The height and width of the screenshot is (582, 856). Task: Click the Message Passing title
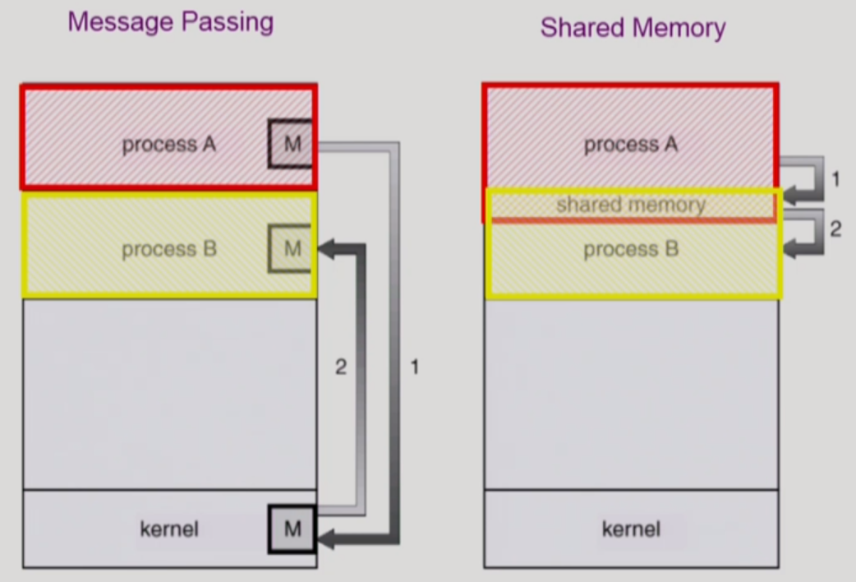[x=170, y=22]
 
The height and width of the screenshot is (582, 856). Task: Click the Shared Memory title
[x=633, y=28]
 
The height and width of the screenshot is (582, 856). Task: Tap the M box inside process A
[x=292, y=145]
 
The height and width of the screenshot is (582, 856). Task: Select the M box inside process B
[x=292, y=248]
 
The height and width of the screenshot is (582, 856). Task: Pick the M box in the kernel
[x=292, y=529]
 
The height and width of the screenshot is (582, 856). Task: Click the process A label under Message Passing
[x=169, y=145]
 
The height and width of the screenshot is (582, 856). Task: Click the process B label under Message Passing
[x=169, y=249]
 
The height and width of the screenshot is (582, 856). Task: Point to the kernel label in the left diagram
[x=169, y=529]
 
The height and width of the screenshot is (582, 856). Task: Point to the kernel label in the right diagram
[x=631, y=529]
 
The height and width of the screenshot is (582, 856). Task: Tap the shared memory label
[x=631, y=205]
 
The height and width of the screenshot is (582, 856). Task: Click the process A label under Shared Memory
[x=631, y=145]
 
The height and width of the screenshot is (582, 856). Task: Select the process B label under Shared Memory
[x=631, y=249]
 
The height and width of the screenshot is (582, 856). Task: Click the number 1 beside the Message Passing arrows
[x=414, y=367]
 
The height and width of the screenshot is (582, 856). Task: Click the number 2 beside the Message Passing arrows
[x=341, y=367]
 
